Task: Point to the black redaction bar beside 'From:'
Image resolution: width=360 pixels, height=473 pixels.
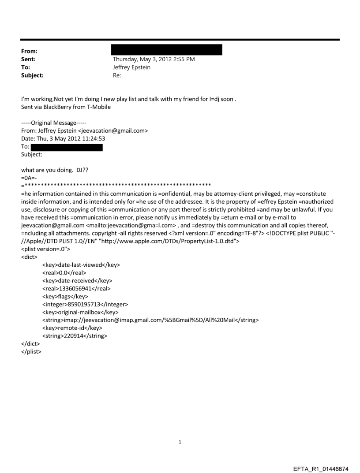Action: (x=167, y=49)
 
